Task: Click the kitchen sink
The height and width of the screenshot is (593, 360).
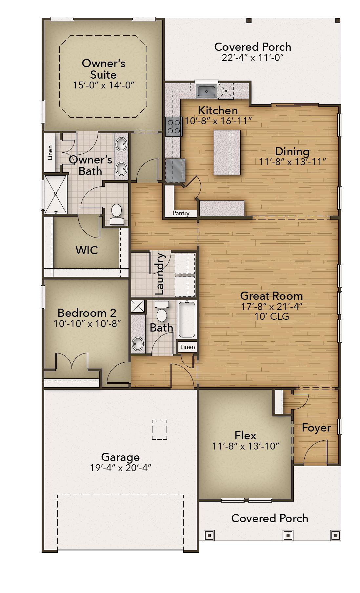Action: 206,91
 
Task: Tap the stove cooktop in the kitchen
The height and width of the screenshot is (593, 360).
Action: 173,126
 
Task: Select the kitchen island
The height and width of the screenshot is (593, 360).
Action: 227,152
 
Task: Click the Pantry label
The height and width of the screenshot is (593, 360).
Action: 181,213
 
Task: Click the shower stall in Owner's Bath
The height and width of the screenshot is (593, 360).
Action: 55,194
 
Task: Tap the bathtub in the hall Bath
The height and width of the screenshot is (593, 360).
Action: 187,319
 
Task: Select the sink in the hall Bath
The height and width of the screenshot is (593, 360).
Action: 138,344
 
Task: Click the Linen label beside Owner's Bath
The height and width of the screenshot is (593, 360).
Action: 50,153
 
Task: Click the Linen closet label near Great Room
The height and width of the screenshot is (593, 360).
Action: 188,347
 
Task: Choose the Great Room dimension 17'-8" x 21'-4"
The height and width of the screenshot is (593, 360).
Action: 271,307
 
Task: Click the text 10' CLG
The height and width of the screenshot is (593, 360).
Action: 272,316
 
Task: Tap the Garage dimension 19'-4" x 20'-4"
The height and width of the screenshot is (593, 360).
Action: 120,468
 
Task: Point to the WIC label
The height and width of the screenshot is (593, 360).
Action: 87,250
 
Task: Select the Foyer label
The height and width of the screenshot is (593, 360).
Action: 316,428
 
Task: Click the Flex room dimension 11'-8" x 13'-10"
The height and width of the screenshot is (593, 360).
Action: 245,446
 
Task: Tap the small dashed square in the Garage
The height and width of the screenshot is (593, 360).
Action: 159,430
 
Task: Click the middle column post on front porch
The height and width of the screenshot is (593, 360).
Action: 288,535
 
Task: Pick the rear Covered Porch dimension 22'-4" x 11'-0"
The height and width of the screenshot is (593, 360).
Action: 252,58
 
